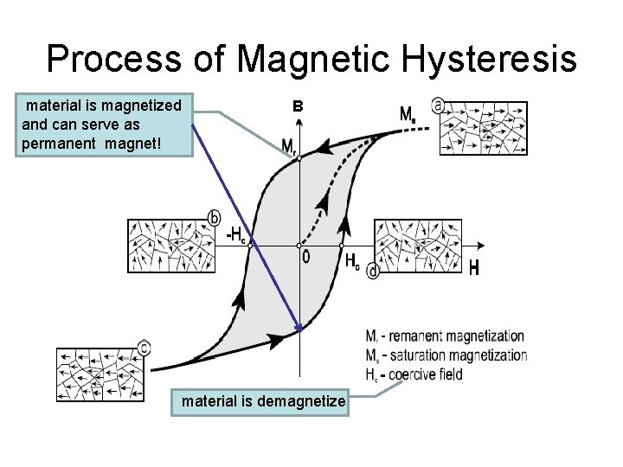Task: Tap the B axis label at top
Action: pos(298,107)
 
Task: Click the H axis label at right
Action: pos(473,269)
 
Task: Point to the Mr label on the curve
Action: pos(288,148)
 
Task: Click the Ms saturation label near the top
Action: pos(407,113)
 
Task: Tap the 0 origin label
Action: pos(305,258)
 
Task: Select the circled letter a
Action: pos(438,105)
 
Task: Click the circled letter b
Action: pos(215,217)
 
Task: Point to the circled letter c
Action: pos(144,348)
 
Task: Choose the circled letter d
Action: pos(373,272)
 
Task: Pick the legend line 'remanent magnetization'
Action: pos(446,336)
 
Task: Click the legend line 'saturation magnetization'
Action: pos(446,355)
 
